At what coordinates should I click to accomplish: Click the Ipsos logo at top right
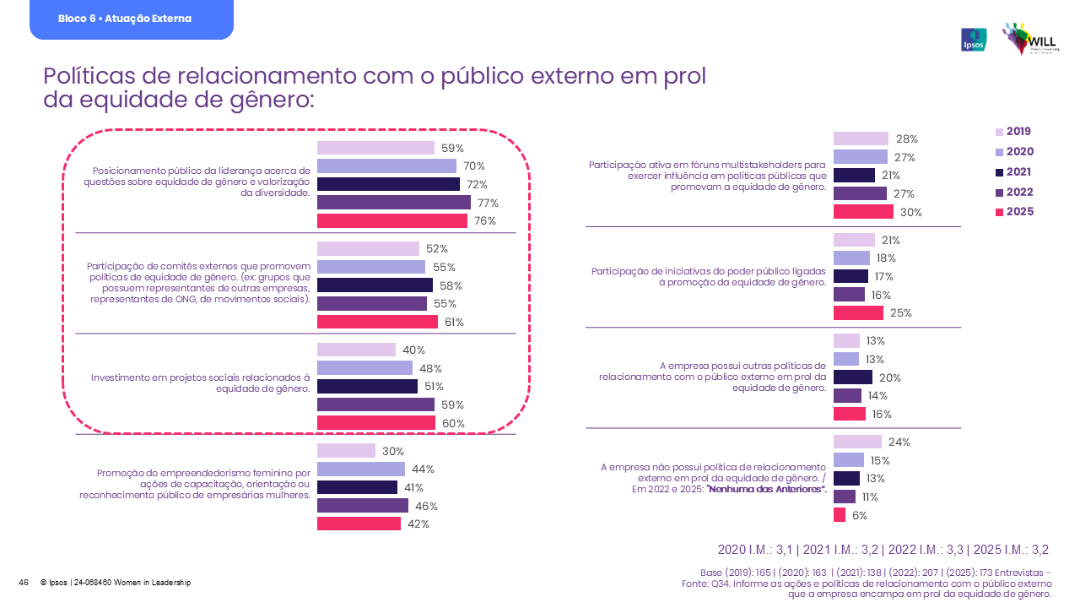tap(974, 40)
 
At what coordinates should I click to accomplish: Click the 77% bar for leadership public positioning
tap(393, 203)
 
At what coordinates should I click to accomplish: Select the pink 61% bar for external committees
tap(377, 322)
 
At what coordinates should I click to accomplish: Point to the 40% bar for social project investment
tap(356, 350)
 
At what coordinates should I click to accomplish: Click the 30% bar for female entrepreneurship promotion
tap(346, 451)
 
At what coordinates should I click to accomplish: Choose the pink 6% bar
tap(840, 515)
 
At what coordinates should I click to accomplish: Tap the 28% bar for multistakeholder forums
tap(861, 138)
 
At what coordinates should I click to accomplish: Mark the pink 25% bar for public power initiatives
tap(858, 312)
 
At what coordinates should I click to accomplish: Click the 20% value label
tap(890, 377)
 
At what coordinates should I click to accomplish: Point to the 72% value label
tap(478, 184)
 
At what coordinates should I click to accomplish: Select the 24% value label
tap(899, 442)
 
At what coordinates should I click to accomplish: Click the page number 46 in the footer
tap(24, 583)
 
